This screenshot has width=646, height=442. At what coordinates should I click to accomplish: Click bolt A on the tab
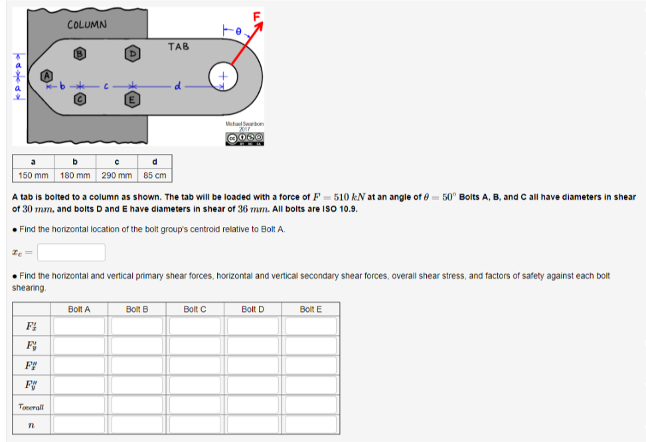pyautogui.click(x=47, y=76)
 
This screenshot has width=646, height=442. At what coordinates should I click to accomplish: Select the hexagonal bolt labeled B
pyautogui.click(x=80, y=54)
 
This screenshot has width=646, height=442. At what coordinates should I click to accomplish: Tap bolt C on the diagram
pyautogui.click(x=80, y=100)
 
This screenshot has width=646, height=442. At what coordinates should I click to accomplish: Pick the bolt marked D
pyautogui.click(x=132, y=54)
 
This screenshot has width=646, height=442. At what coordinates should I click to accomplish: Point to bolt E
pyautogui.click(x=132, y=100)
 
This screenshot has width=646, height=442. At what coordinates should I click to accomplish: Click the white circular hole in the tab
pyautogui.click(x=223, y=76)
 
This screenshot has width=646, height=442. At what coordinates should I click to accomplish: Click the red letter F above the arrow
pyautogui.click(x=257, y=17)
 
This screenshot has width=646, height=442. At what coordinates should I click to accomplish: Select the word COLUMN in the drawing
pyautogui.click(x=87, y=25)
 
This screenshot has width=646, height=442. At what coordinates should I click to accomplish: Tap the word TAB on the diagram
pyautogui.click(x=179, y=46)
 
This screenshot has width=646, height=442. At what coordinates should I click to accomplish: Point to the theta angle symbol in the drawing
pyautogui.click(x=238, y=31)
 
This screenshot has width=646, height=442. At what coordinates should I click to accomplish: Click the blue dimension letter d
pyautogui.click(x=177, y=86)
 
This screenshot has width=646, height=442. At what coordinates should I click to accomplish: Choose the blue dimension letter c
pyautogui.click(x=106, y=86)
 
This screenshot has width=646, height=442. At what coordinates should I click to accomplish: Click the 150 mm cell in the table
pyautogui.click(x=33, y=175)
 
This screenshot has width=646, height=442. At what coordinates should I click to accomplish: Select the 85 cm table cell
pyautogui.click(x=155, y=175)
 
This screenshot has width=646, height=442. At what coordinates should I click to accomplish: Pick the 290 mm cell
pyautogui.click(x=117, y=175)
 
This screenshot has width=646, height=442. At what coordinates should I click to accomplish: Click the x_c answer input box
pyautogui.click(x=71, y=252)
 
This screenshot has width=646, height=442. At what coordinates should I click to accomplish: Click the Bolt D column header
pyautogui.click(x=252, y=309)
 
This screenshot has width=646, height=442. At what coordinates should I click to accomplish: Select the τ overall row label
pyautogui.click(x=31, y=407)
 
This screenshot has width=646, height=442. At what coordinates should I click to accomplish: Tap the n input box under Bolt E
pyautogui.click(x=311, y=425)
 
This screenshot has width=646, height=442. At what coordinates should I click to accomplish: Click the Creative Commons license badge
pyautogui.click(x=245, y=139)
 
